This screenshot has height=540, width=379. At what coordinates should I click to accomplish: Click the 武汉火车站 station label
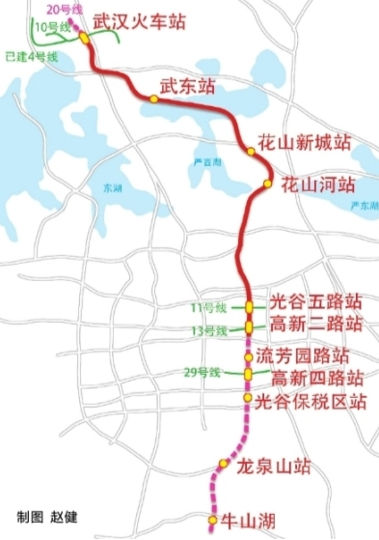(141, 20)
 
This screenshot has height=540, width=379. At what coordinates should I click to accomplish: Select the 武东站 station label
(188, 87)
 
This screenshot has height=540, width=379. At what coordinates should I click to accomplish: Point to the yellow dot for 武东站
(153, 98)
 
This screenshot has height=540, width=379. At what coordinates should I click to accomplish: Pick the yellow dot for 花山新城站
(251, 151)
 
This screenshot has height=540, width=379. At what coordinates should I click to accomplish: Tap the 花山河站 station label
(318, 184)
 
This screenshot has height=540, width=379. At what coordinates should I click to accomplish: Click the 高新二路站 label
(315, 323)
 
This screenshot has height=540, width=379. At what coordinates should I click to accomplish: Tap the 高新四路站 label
(315, 378)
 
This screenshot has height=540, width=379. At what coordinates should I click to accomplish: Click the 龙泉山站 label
(274, 468)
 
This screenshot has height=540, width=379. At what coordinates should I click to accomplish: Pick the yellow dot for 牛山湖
(214, 519)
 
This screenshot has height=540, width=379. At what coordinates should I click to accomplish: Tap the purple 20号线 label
(59, 9)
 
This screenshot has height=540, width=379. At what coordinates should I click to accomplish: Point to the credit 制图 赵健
(47, 520)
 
